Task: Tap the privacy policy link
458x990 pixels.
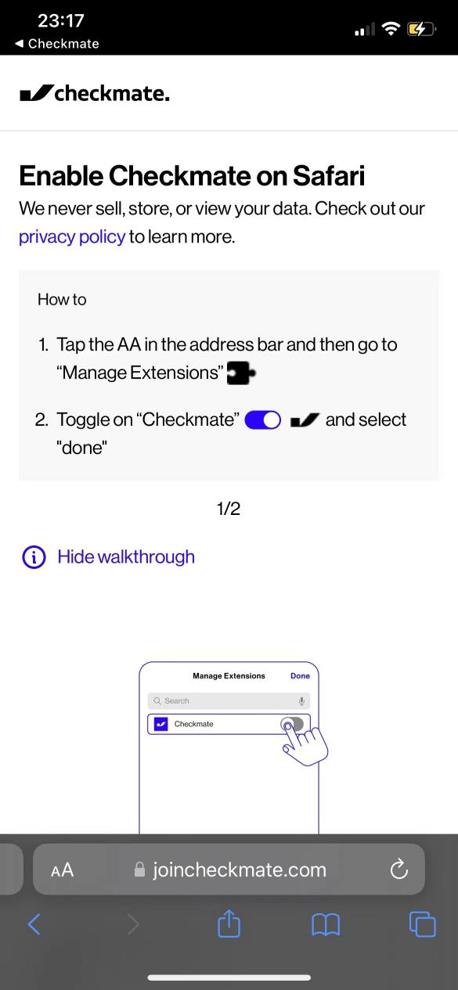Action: coord(72,237)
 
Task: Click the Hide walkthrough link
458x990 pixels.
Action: coord(126,557)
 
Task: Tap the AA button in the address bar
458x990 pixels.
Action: coord(63,869)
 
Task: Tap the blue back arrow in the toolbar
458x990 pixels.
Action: coord(34,924)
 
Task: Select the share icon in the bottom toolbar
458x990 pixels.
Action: coord(229,923)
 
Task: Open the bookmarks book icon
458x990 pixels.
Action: coord(326,924)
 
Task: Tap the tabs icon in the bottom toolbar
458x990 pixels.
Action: coord(422,924)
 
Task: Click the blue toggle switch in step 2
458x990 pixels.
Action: coord(262,419)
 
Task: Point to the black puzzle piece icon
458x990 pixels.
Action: coord(241,373)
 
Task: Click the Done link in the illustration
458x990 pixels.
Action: coord(300,675)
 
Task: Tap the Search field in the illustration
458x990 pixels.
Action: coord(229,700)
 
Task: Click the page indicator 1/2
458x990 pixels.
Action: coord(229,509)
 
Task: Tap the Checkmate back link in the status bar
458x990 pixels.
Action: coord(57,44)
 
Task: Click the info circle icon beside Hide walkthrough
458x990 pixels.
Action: coord(34,557)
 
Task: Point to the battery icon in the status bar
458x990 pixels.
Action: coord(422,29)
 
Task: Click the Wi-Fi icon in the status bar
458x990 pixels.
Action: coord(391,29)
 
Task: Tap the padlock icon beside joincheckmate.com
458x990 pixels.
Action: coord(139,869)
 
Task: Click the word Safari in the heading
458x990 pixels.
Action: coord(329,176)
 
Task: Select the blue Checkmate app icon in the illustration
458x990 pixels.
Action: coord(161,724)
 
